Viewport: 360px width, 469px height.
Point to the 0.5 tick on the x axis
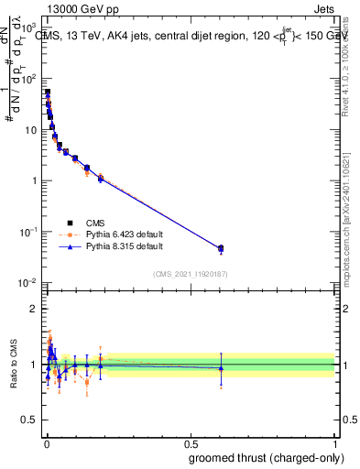click(190, 441)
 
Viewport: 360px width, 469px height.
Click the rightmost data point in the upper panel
click(221, 248)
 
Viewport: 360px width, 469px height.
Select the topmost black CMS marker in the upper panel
click(48, 93)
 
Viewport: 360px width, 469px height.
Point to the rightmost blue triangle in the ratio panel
click(221, 368)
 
